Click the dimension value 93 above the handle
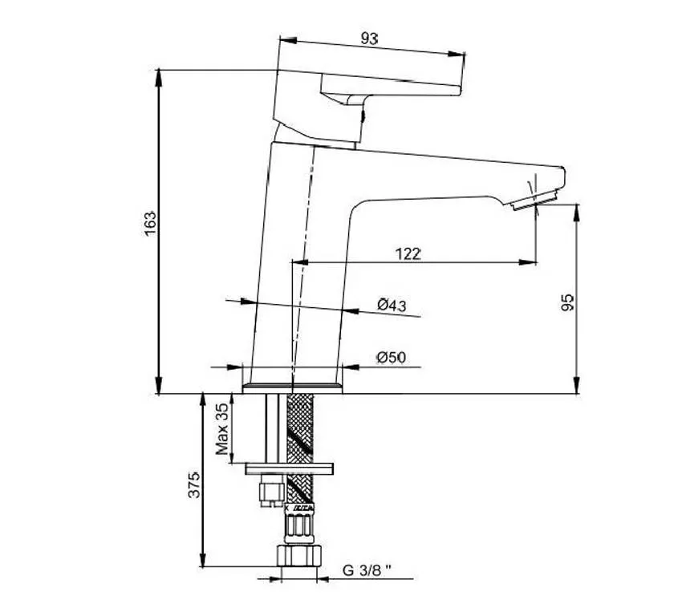point(369,39)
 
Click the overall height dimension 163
point(149,224)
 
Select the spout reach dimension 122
point(408,253)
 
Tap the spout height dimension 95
point(567,302)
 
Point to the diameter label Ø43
point(392,305)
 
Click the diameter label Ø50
point(391,358)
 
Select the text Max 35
point(221,429)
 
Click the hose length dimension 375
point(194,484)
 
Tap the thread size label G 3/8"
point(367,570)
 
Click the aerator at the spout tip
point(535,200)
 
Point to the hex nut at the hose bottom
point(300,555)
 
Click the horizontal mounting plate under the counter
point(290,469)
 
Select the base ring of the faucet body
point(292,388)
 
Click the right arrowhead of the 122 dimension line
point(528,262)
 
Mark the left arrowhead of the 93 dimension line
point(288,40)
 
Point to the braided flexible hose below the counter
point(300,450)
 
